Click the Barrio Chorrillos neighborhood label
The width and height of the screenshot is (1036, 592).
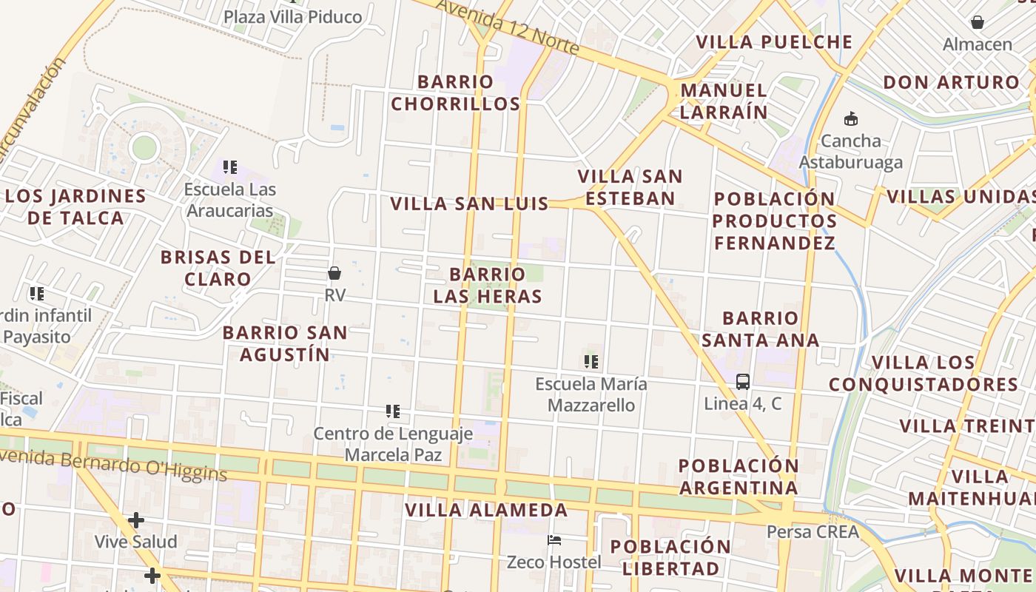point(455,92)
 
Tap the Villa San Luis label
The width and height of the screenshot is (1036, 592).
point(469,203)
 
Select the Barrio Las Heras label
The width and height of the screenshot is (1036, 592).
point(488,285)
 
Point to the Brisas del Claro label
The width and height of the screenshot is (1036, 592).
point(218,268)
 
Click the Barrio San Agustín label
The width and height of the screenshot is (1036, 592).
point(285,343)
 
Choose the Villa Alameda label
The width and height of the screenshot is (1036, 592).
point(486,510)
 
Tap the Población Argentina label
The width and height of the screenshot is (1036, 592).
point(739,477)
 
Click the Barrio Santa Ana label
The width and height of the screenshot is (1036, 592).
point(760,329)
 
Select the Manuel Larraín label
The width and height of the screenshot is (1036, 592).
point(723,101)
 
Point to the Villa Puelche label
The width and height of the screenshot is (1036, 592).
point(774,42)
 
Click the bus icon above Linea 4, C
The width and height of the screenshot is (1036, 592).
point(743,382)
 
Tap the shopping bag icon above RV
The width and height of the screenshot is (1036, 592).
point(334,273)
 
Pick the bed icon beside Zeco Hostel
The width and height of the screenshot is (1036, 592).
point(554,540)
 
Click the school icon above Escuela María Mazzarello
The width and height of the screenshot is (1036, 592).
point(591,362)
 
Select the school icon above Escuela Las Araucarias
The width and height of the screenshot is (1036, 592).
point(230,167)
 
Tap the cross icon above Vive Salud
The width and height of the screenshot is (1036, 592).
point(135,520)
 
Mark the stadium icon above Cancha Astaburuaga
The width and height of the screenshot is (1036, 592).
point(851,118)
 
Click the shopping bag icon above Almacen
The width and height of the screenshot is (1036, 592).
point(977,22)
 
